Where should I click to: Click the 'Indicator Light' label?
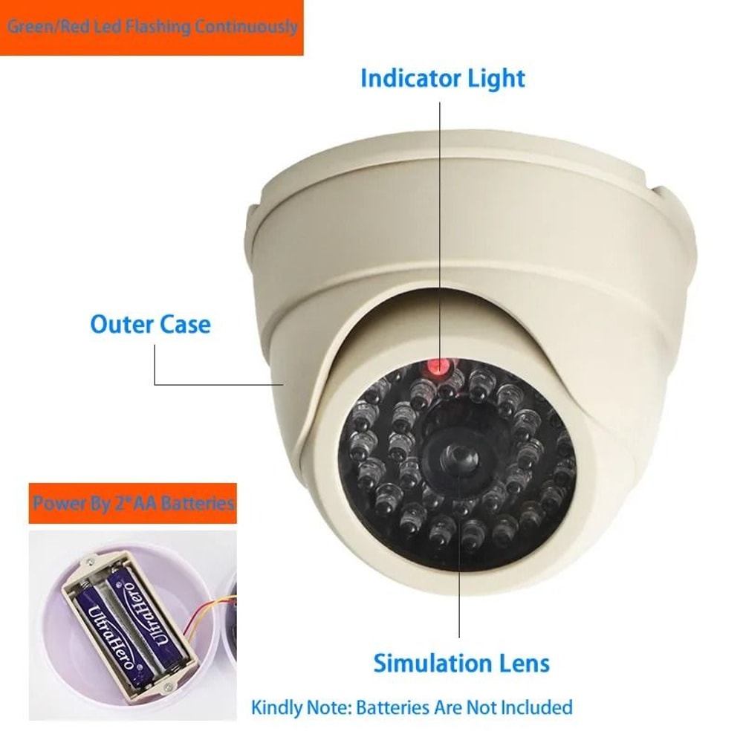(x=442, y=79)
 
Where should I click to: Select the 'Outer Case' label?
(x=150, y=325)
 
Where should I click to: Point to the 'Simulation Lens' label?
(x=461, y=663)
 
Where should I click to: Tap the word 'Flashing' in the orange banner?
(x=155, y=27)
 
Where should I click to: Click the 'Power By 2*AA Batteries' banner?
(x=134, y=504)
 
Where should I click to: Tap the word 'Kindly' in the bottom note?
(x=276, y=707)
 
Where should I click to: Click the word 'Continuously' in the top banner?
(x=245, y=27)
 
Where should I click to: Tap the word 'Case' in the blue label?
(x=185, y=325)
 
